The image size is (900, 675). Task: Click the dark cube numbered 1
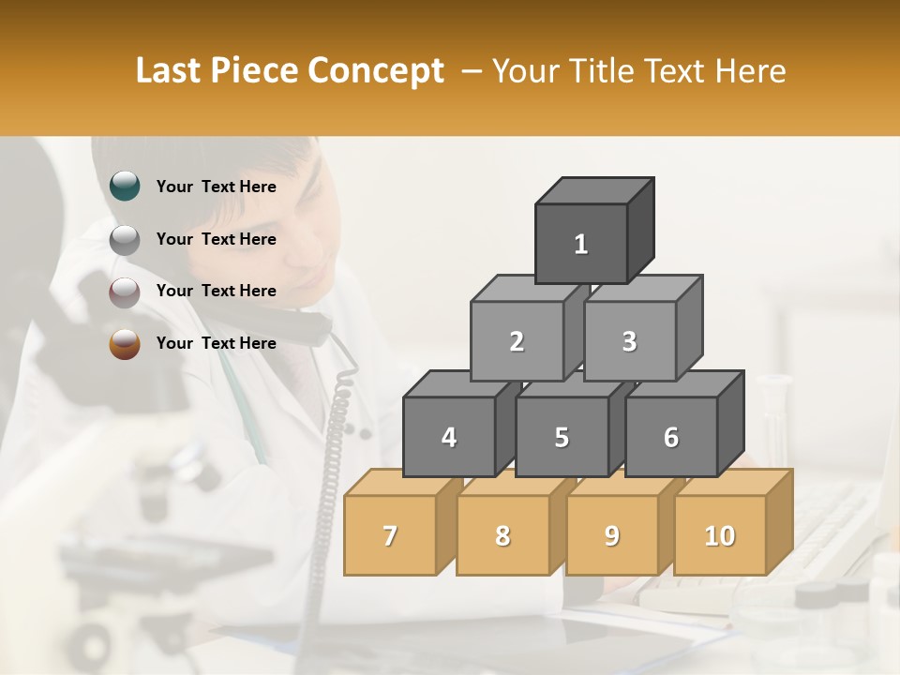point(581,244)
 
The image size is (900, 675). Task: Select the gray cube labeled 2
point(517,341)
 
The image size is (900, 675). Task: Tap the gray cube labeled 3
point(629,341)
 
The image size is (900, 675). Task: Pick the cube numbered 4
point(449,437)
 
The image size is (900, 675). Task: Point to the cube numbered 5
point(561,437)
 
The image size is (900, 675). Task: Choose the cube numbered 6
point(670,437)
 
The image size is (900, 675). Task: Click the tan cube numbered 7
point(390,535)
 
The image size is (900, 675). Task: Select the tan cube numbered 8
point(502,535)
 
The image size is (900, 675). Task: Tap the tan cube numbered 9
point(611,535)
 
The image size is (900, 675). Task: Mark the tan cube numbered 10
point(719,535)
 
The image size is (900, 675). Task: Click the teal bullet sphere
point(125,187)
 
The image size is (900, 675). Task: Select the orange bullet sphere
point(125,344)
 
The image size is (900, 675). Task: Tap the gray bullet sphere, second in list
point(125,240)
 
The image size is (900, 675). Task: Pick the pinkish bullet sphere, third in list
point(125,292)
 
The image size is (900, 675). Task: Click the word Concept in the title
point(376,71)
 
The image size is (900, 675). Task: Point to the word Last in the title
point(170,71)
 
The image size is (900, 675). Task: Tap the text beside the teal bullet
point(216,187)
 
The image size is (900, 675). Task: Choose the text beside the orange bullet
point(216,343)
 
